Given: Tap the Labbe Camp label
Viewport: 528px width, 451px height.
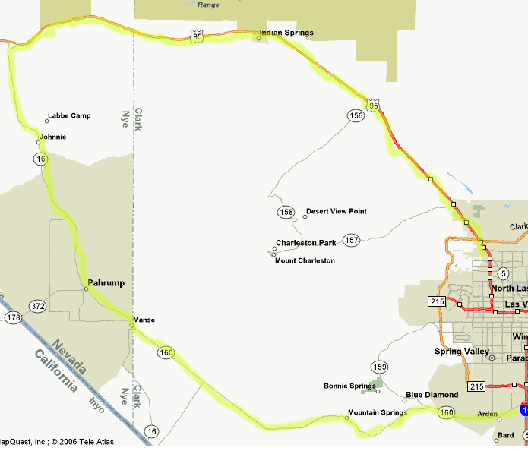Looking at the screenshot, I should [x=69, y=116].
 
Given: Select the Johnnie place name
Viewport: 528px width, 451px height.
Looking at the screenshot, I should [x=53, y=137].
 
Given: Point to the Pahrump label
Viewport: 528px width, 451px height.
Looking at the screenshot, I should [x=106, y=283].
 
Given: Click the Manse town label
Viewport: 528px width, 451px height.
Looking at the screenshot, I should [x=144, y=320].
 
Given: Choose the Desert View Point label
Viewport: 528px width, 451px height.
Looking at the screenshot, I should [x=336, y=211].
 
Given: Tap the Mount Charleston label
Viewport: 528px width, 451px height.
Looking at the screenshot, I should [x=305, y=260].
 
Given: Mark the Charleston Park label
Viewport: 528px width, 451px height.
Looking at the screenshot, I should [x=305, y=243].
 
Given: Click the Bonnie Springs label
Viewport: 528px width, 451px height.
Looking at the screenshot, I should [x=349, y=386].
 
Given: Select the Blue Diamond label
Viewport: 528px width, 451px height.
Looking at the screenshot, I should [x=432, y=395].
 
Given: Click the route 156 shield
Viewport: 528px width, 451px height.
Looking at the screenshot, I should [x=356, y=115].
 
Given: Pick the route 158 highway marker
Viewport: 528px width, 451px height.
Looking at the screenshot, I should [x=286, y=211].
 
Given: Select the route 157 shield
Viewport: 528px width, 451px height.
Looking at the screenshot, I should [x=350, y=240].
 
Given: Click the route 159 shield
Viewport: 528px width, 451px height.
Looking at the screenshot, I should [x=379, y=367].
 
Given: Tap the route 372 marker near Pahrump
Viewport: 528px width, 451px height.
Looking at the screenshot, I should [x=38, y=306].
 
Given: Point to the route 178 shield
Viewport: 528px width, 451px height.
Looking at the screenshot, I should [x=13, y=317].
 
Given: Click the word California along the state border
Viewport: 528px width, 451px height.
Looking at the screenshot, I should [x=55, y=371].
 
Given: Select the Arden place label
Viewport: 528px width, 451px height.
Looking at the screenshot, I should [x=486, y=414].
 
